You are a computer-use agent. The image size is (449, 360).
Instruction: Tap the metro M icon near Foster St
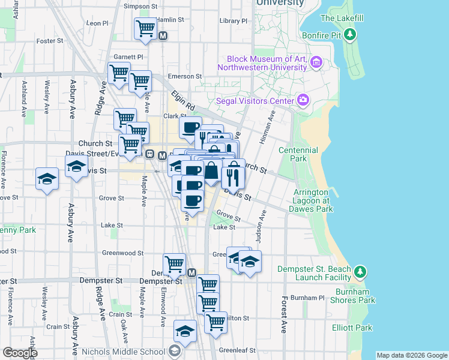[163, 36]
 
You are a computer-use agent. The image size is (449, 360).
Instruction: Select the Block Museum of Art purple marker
[316, 62]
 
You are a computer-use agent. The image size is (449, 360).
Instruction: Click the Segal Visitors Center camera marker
[303, 100]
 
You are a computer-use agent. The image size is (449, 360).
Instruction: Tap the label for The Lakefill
[343, 18]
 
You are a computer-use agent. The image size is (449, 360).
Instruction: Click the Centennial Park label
[293, 154]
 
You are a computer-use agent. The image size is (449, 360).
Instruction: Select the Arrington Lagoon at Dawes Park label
[313, 200]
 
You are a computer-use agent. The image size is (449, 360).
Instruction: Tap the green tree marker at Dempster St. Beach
[360, 272]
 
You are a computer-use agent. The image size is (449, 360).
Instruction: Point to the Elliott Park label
[352, 328]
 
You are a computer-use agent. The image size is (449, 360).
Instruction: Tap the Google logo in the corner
[19, 353]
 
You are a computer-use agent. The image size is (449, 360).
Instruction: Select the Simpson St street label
[139, 6]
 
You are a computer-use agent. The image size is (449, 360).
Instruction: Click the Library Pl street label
[234, 20]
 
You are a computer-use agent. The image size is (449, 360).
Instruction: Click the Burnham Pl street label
[307, 298]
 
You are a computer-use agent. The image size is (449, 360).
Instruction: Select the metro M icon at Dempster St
[192, 273]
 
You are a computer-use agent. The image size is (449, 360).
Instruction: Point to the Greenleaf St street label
[237, 350]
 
